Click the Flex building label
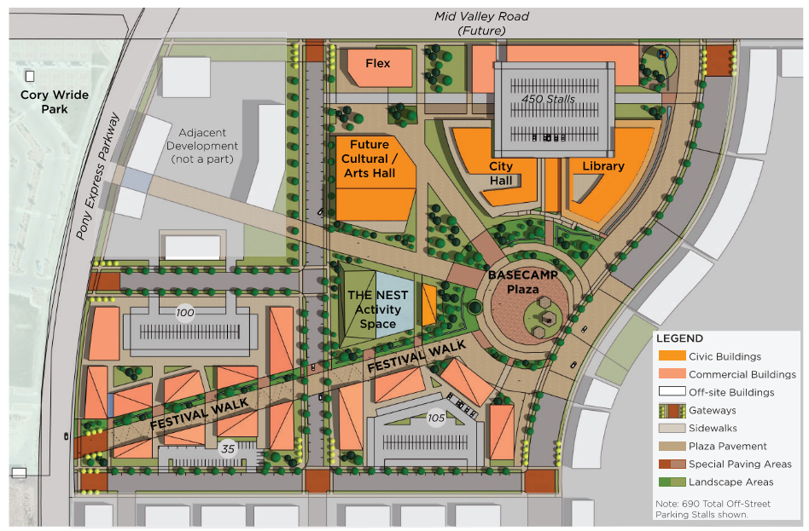point(377,63)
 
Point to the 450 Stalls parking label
point(549,99)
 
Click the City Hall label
point(501,173)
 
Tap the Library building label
point(602,166)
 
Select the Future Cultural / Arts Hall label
point(370,159)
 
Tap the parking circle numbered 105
point(436,418)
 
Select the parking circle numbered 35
point(228,448)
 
